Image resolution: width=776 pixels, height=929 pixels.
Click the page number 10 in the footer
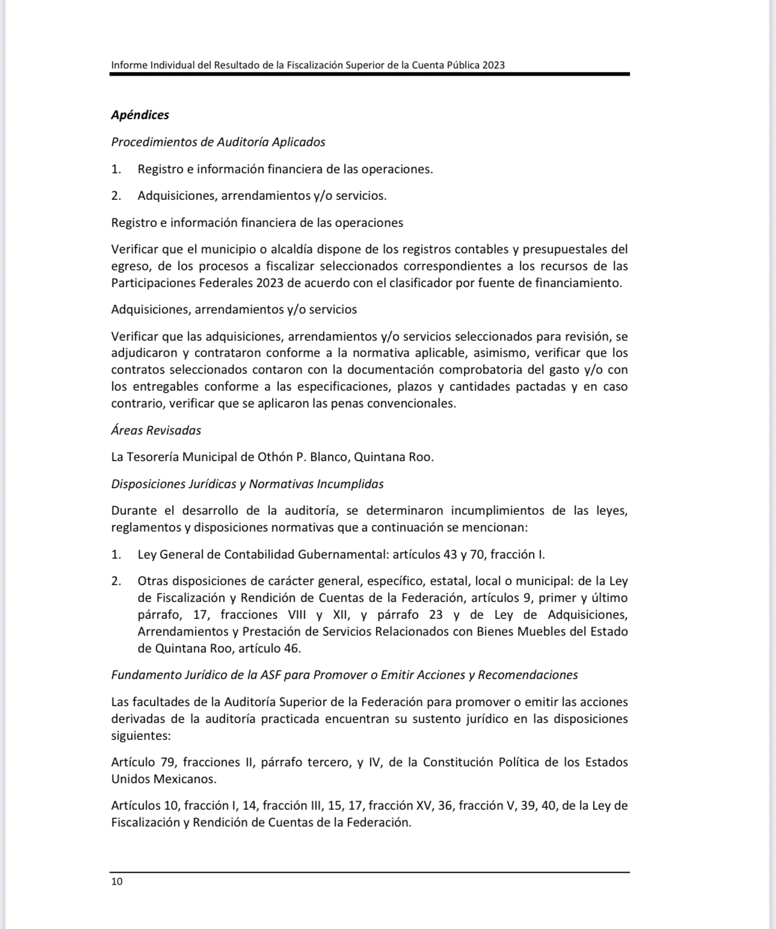coord(117,881)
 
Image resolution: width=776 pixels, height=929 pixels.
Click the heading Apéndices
coord(140,115)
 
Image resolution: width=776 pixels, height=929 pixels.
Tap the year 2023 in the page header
coord(493,65)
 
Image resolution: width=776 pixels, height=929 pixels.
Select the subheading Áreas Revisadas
coord(156,430)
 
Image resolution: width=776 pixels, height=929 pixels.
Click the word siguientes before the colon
coord(139,736)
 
